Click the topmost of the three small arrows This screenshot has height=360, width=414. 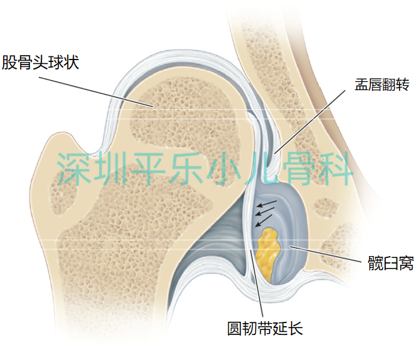(x=267, y=204)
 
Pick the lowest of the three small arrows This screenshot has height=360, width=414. (x=263, y=220)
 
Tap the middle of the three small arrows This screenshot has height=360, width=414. (x=265, y=212)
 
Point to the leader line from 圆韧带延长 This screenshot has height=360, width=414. (x=259, y=282)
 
